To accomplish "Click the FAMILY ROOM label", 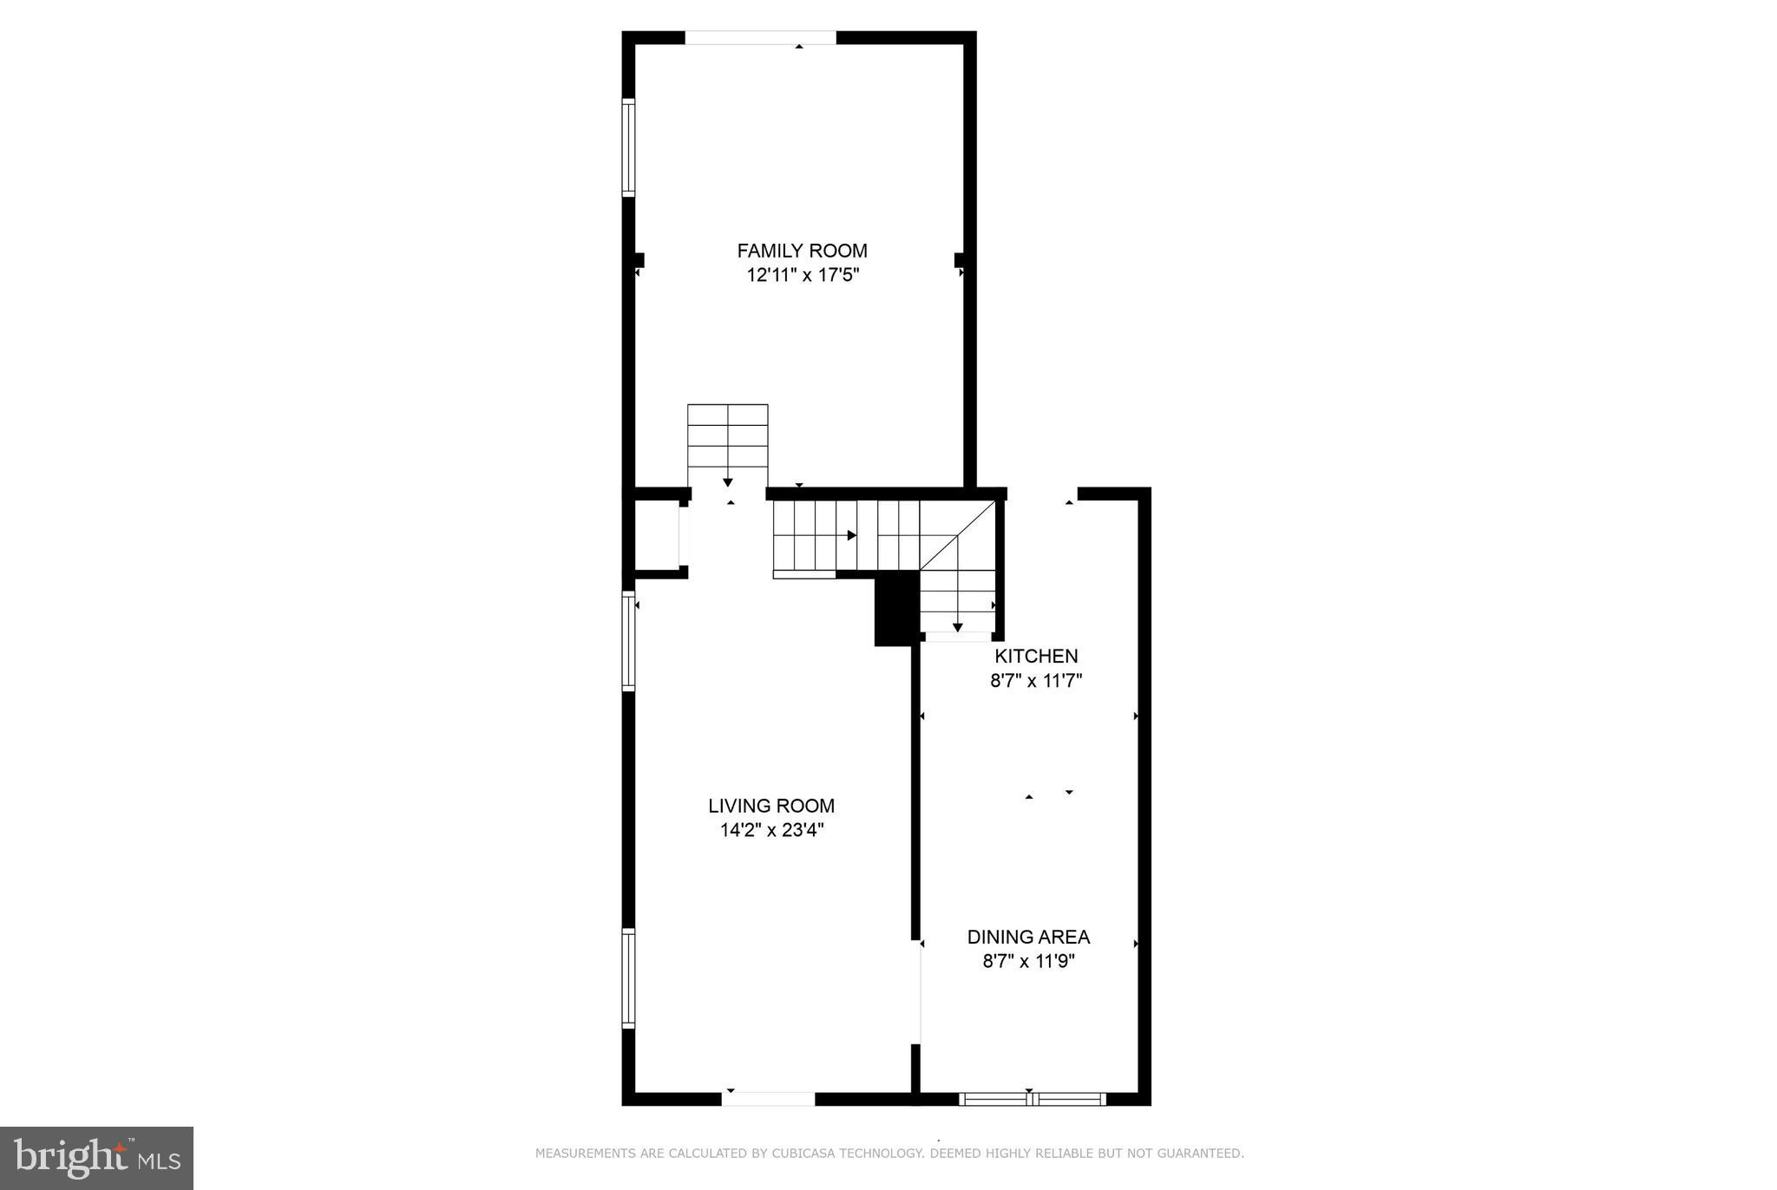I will click(802, 251).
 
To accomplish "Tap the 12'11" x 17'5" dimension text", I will click(802, 276).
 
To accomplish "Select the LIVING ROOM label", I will click(770, 806).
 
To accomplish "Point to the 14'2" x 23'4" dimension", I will click(770, 830).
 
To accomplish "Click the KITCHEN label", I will click(1036, 657).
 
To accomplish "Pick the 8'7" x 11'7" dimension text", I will click(1036, 681).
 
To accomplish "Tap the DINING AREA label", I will click(1028, 937).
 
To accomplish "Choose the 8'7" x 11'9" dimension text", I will click(1028, 961).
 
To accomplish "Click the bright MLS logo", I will click(96, 1158).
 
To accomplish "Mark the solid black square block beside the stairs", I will click(895, 608).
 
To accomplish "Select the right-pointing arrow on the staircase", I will click(851, 535).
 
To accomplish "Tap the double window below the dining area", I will click(1032, 1099).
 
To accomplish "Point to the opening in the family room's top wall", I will click(760, 37).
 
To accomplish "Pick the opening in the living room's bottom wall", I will click(768, 1099).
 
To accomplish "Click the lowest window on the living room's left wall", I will click(628, 978).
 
